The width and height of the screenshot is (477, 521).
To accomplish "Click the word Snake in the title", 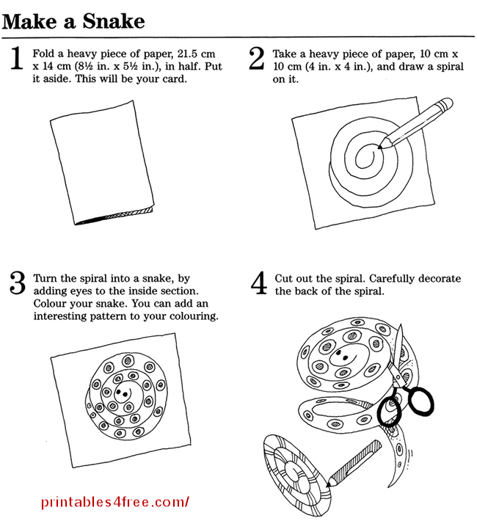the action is [114, 21].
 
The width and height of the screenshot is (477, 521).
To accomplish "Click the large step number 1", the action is [17, 58].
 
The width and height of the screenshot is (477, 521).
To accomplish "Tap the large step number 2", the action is [257, 58].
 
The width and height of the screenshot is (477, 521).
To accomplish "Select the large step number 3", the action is [18, 283].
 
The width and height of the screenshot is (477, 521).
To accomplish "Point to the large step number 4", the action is [258, 283].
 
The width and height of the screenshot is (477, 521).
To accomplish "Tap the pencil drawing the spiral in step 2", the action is [416, 123].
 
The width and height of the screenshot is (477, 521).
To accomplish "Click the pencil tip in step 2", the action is [379, 147].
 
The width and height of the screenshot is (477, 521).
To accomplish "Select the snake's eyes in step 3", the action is [122, 393].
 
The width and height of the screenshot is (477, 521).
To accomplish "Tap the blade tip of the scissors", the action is [401, 325].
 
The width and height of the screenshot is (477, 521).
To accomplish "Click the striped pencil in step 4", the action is [354, 464].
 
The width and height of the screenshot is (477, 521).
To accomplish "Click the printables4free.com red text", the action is [115, 502].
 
